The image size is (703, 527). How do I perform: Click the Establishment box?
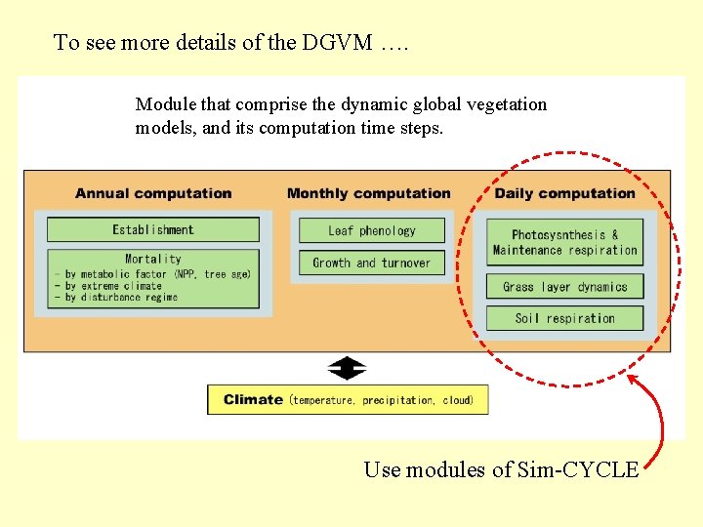pos(153,230)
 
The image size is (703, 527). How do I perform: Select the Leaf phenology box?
pos(372,231)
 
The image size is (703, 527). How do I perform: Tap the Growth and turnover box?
pos(372,263)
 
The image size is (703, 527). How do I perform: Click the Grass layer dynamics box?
pos(565,287)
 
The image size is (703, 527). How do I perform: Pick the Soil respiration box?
pos(565,318)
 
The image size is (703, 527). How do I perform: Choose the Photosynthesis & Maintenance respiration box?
pos(565,242)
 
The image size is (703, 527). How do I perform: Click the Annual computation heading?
pos(153,193)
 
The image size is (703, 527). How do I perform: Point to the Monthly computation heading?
pos(369,193)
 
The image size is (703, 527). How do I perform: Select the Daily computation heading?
pos(565,193)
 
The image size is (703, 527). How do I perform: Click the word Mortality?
pos(153,259)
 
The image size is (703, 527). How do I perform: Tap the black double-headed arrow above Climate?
pos(347,369)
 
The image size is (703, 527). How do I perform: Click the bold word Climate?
pos(253,399)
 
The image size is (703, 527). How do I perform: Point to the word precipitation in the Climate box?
pos(397,400)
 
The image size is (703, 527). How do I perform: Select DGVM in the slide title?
pos(338,42)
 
